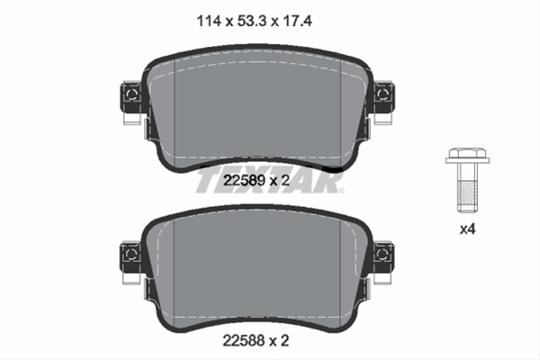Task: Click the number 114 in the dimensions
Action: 209,22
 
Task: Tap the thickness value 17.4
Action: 298,22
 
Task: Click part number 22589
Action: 244,180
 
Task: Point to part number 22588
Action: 244,341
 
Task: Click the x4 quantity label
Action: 468,229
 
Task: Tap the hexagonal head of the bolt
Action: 468,153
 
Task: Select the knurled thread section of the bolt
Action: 468,193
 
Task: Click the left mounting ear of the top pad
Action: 130,97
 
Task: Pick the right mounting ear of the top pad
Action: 384,97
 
